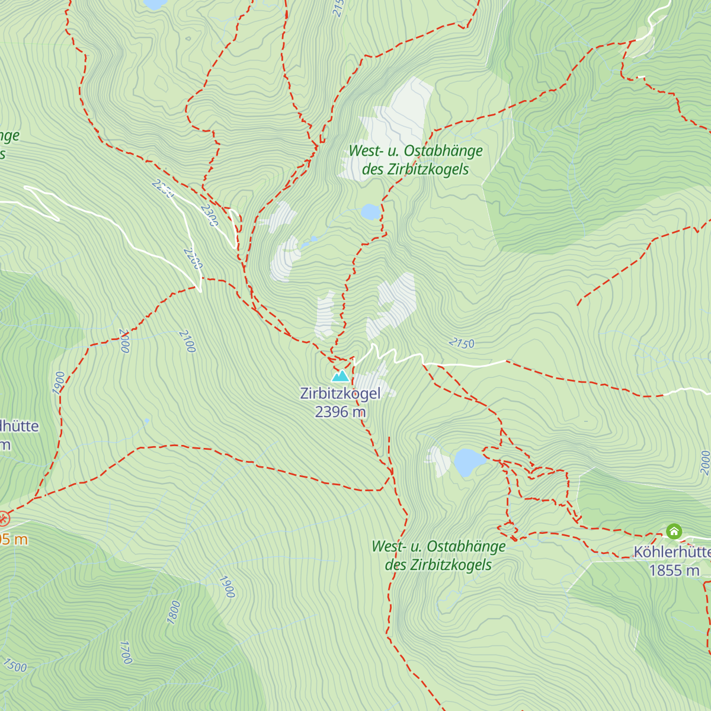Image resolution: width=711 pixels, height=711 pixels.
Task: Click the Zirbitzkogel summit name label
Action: pos(340,393)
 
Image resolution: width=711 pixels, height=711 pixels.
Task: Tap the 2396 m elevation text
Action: pos(340,412)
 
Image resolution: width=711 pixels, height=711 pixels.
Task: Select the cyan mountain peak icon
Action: pos(340,376)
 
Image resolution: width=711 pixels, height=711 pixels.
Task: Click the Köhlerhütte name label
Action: pos(672,552)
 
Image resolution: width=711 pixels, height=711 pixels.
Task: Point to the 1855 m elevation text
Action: pos(674,571)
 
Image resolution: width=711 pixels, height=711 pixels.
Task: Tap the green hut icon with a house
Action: pos(674,531)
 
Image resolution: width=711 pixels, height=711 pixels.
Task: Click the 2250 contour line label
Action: pos(162,188)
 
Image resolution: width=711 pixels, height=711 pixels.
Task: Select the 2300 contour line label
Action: pos(209,215)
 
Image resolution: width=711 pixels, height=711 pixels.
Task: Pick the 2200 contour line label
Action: pos(193,258)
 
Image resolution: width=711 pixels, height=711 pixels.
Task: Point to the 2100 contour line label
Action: pos(187,341)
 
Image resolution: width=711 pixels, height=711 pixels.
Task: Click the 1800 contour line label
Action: pos(173,612)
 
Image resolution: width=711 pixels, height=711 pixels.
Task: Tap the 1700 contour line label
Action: pos(126,652)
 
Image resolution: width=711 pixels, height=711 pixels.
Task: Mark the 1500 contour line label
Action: pos(14,665)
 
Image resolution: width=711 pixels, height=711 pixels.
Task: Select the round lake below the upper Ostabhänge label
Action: pos(370,212)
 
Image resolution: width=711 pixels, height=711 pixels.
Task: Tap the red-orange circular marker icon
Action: pos(4,520)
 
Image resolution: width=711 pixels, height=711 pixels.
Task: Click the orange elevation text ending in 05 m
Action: pos(13,539)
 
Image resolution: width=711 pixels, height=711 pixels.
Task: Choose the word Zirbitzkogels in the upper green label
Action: pos(428,169)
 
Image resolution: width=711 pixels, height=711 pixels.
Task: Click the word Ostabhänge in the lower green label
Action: pos(466,546)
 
